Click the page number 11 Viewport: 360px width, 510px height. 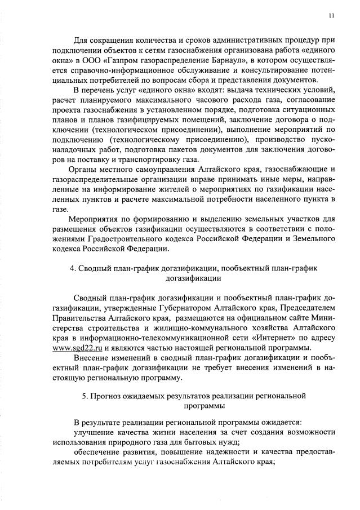coord(331,15)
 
